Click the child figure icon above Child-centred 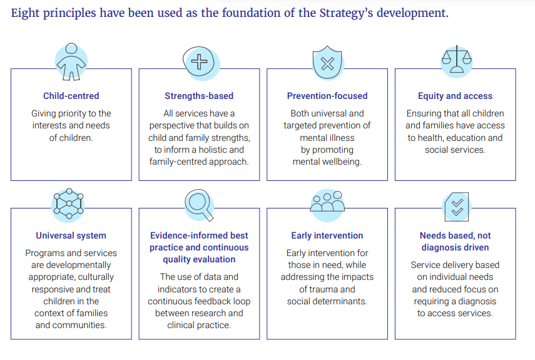(x=71, y=62)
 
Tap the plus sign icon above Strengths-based (x=201, y=63)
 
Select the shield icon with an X (x=328, y=63)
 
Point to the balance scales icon (x=457, y=61)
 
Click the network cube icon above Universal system (x=68, y=204)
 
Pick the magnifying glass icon (x=200, y=205)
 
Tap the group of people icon (x=327, y=205)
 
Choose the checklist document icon (x=457, y=207)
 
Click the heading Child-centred (x=71, y=96)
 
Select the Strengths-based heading (x=199, y=96)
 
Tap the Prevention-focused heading (x=327, y=96)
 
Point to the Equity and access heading (x=455, y=96)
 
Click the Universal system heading (x=71, y=235)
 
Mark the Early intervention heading (x=327, y=235)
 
